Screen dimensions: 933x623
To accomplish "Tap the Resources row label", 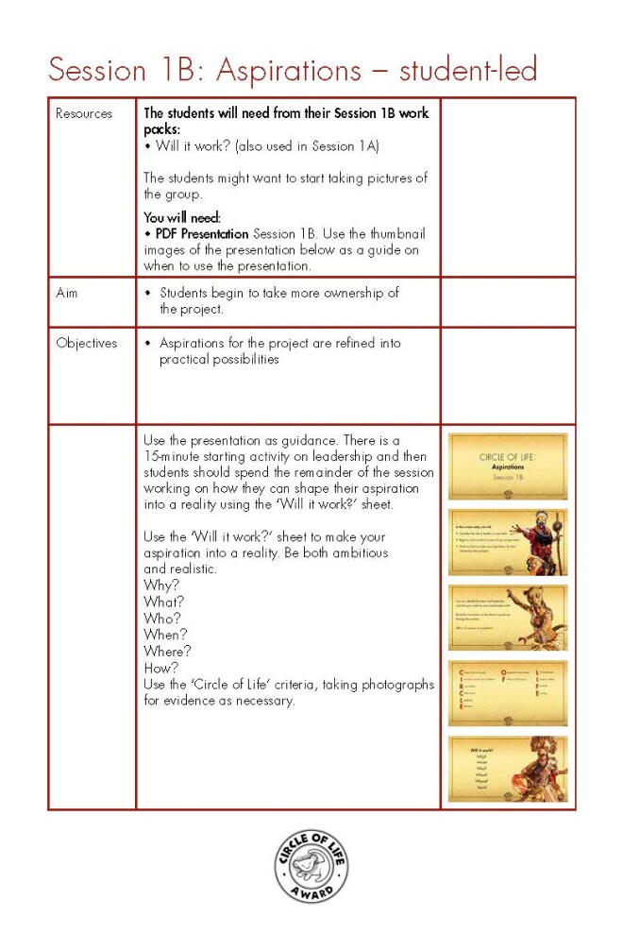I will [x=83, y=113].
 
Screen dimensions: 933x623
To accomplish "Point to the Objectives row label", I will [x=86, y=343].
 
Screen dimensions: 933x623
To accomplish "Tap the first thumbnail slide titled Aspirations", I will [x=508, y=466].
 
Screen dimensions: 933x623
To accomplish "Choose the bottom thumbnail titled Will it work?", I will [x=508, y=769].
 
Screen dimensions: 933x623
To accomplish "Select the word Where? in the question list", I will [x=167, y=651].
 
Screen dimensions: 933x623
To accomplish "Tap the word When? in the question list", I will [x=165, y=635].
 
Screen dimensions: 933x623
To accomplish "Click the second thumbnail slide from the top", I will [x=508, y=542].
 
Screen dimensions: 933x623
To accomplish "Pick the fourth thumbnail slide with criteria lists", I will [x=508, y=693].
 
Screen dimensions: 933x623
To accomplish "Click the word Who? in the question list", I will [x=162, y=618].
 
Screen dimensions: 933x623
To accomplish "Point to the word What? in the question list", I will [x=164, y=601].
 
